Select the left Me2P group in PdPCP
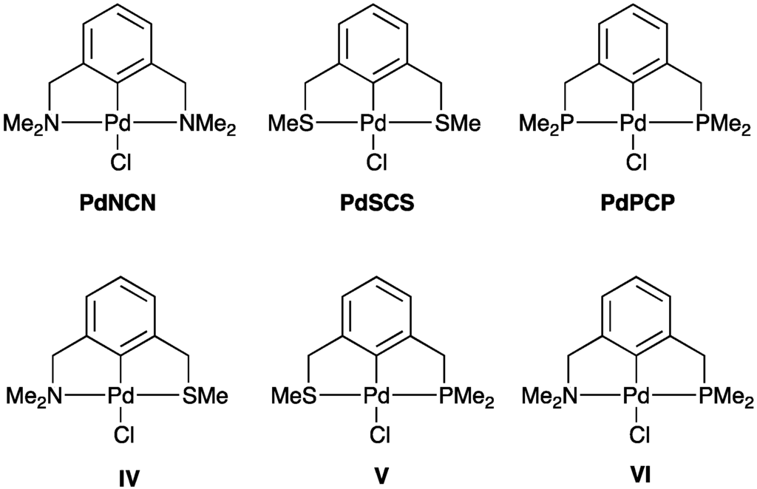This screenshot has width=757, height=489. point(549,124)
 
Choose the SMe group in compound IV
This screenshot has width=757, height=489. point(204,397)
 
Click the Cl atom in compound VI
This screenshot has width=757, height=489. point(637,436)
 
